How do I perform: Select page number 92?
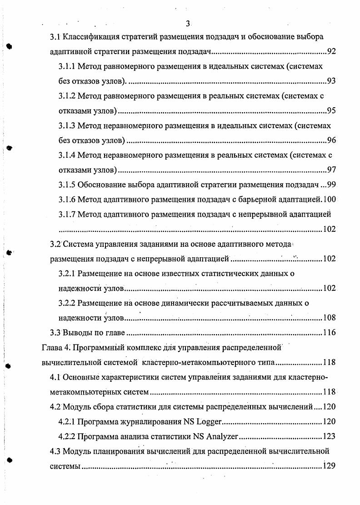pyautogui.click(x=331, y=51)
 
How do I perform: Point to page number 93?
pyautogui.click(x=331, y=81)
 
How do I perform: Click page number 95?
pyautogui.click(x=331, y=111)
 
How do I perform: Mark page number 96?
pyautogui.click(x=331, y=140)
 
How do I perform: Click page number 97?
pyautogui.click(x=331, y=170)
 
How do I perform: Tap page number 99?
pyautogui.click(x=331, y=185)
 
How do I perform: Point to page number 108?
pyautogui.click(x=329, y=318)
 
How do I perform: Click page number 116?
pyautogui.click(x=329, y=332)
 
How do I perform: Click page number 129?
pyautogui.click(x=329, y=466)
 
